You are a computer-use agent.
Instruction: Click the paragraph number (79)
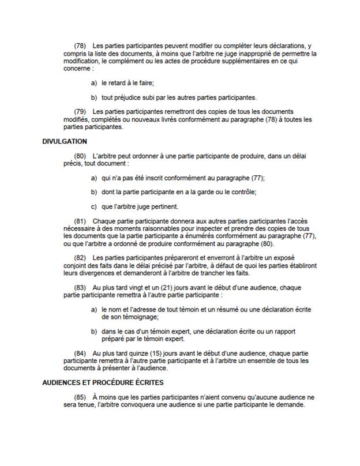click(80, 112)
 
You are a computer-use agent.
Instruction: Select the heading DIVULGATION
click(65, 141)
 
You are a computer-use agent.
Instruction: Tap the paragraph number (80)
click(80, 156)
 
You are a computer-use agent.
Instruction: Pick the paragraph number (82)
click(80, 258)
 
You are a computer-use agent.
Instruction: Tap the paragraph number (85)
click(80, 397)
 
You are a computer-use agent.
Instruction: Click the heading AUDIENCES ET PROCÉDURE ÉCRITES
click(103, 382)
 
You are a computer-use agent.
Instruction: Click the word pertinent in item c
click(164, 207)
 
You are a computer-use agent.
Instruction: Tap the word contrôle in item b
click(242, 192)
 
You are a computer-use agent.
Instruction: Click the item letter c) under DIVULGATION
click(94, 207)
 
